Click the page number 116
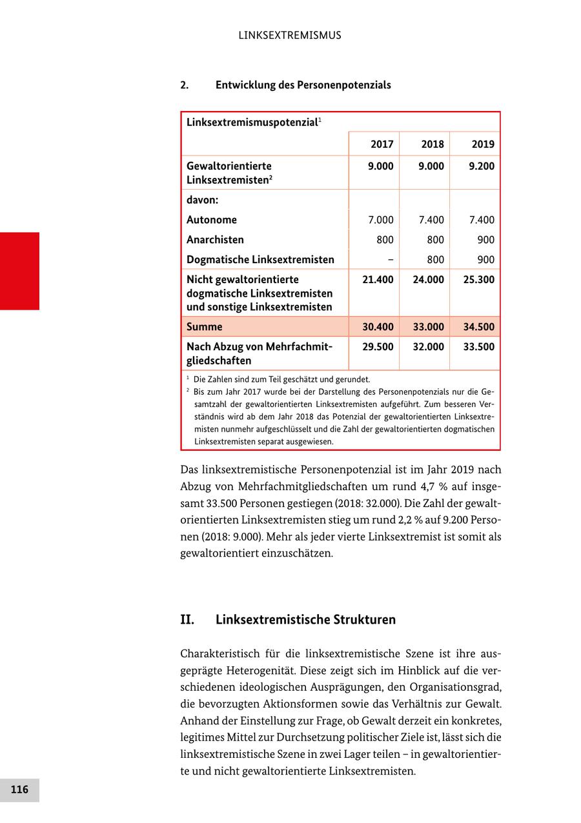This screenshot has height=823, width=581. (19, 789)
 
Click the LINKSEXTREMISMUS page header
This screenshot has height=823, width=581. (290, 35)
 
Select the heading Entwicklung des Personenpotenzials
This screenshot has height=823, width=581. (303, 85)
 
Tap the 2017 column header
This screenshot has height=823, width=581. (382, 144)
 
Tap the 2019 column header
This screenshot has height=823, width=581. (483, 144)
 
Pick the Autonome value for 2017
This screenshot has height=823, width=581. (380, 220)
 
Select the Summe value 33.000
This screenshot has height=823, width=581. (429, 327)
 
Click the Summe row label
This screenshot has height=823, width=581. (205, 327)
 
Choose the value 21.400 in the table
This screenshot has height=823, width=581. (378, 280)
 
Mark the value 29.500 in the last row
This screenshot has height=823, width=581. (378, 347)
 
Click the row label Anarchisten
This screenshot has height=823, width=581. (215, 240)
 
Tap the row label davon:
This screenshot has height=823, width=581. (202, 200)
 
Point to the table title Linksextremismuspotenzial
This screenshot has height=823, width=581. (252, 122)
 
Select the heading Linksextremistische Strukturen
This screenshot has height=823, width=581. (305, 620)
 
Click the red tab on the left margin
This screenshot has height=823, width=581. (19, 271)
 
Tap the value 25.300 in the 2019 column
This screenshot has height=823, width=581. (479, 280)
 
